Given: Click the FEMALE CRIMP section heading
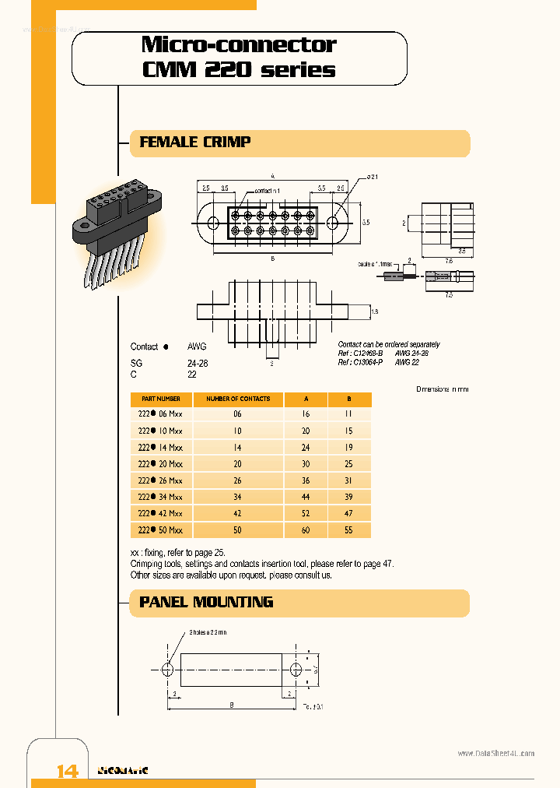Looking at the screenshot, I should point(194,142).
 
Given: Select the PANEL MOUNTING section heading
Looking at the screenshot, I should point(205,602).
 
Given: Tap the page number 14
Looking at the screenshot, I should point(68,771).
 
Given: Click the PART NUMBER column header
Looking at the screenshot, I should point(159,399).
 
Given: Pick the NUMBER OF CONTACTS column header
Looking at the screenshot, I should point(237,399).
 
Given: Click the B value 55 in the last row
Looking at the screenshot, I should point(348,529).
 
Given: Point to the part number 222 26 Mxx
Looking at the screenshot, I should point(160,480).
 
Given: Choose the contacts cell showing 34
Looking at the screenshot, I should point(237,497).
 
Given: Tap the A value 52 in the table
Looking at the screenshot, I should point(306,513).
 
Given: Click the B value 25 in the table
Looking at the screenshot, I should point(348,464).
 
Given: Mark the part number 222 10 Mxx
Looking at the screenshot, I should point(160,431).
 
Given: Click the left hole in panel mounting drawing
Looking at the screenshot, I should point(168,669).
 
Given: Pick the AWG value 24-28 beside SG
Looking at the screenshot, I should point(198,363).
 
